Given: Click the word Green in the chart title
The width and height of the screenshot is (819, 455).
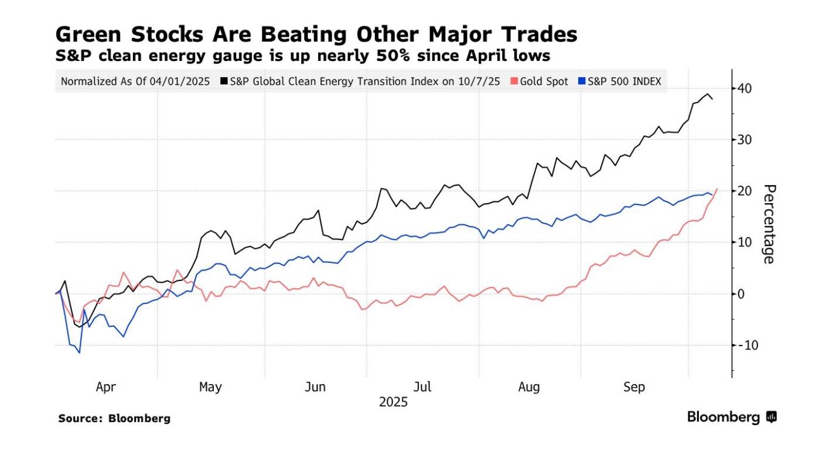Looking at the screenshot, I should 88,35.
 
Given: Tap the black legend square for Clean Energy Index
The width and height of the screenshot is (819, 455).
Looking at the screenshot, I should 225,81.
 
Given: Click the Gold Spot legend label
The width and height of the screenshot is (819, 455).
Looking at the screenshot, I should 544,81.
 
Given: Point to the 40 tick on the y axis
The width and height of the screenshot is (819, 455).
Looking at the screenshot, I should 745,89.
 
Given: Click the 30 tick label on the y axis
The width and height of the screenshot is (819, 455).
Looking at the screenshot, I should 745,140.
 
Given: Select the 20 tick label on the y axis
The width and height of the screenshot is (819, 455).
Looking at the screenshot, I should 745,191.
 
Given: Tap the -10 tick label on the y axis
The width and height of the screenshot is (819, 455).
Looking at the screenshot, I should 743,345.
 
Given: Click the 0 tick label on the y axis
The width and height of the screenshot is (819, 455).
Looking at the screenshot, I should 742,293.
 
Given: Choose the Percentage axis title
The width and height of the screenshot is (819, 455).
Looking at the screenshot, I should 769,224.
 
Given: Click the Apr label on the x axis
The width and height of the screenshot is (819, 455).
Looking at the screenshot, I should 105,387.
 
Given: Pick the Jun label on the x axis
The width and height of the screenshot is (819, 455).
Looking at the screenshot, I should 316,387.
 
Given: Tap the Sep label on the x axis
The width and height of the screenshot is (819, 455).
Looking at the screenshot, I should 634,387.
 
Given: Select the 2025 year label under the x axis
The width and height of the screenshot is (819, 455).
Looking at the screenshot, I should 393,403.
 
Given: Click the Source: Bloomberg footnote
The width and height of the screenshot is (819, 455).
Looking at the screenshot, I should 114,419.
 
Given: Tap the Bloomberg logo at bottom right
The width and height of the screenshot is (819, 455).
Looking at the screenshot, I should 732,417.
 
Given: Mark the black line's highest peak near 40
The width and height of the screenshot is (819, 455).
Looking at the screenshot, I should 708,94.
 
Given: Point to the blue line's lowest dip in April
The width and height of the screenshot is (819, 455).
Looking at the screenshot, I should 79,353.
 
